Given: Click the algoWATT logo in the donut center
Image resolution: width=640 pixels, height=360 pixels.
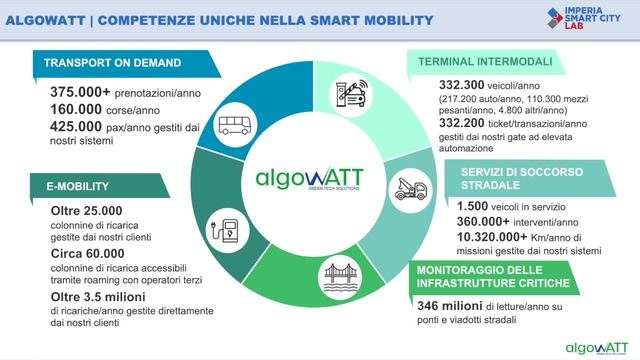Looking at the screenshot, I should (x=310, y=181).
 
